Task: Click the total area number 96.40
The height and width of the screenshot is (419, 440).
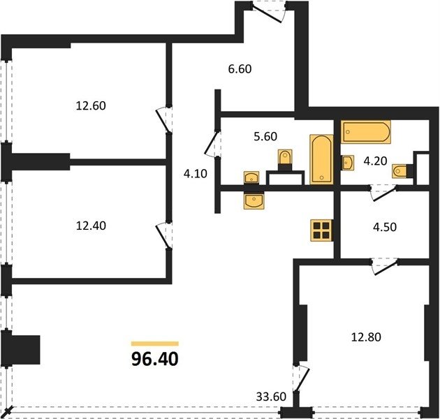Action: coord(154,359)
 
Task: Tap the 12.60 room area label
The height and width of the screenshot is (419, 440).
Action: coord(91,106)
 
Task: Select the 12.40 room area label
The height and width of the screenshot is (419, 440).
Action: coord(91,226)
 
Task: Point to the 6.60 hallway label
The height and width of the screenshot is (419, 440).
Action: coord(240,68)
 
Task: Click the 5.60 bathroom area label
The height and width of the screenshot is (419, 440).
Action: coord(265,136)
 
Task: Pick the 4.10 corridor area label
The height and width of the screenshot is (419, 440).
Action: coord(196,174)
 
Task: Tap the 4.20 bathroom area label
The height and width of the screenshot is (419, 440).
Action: coord(375,161)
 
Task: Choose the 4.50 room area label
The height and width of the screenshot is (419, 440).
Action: coord(385,227)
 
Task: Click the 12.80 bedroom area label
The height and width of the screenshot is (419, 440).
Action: coord(366,337)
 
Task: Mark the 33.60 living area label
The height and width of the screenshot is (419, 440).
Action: coord(271,397)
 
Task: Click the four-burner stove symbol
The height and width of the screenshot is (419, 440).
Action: coord(321,230)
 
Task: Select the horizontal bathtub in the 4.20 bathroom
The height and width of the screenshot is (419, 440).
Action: coord(366,132)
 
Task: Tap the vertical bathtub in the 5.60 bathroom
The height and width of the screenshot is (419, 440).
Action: coord(321,159)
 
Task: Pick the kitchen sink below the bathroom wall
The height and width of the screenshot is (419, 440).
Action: coord(254,200)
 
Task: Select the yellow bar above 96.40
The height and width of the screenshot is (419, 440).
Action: coord(155,344)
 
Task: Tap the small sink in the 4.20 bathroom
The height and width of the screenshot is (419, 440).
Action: coord(347,163)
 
